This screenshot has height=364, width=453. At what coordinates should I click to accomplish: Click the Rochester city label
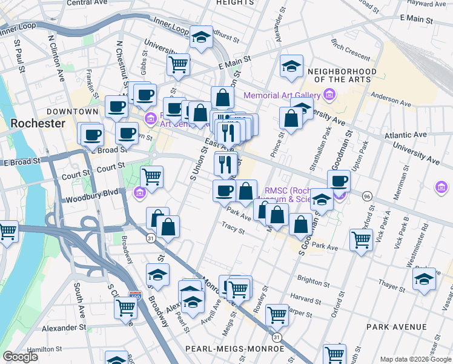pyautogui.click(x=38, y=123)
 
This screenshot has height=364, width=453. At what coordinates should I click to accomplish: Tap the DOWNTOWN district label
pyautogui.click(x=73, y=112)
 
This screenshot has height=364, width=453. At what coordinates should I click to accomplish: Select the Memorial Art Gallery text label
pyautogui.click(x=282, y=95)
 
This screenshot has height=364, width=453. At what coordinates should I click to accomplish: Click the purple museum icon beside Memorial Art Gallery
pyautogui.click(x=329, y=95)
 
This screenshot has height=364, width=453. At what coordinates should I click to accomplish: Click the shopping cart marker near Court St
pyautogui.click(x=151, y=177)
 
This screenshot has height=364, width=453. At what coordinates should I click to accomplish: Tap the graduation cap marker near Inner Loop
pyautogui.click(x=200, y=37)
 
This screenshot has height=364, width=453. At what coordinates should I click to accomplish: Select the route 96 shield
pyautogui.click(x=366, y=197)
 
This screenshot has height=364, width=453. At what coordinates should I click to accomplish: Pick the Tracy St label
pyautogui.click(x=233, y=231)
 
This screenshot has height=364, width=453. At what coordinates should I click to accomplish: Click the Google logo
pyautogui.click(x=20, y=357)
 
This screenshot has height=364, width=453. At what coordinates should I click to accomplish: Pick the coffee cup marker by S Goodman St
pyautogui.click(x=339, y=180)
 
